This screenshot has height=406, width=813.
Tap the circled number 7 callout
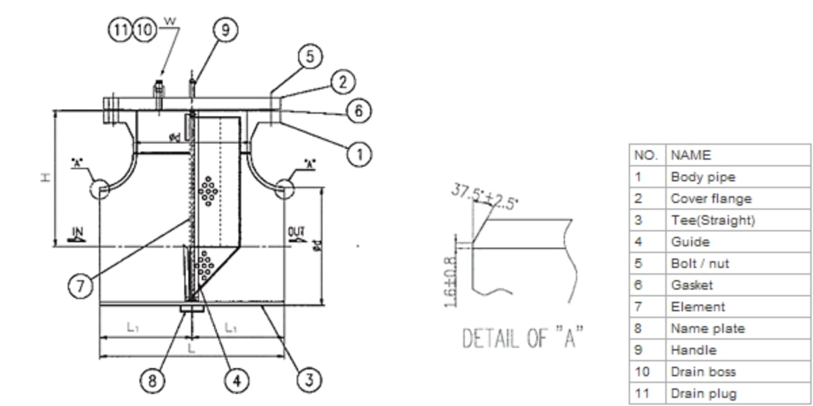click(x=81, y=287)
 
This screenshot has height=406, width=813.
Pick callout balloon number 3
click(x=308, y=380)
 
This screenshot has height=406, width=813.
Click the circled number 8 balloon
click(x=152, y=380)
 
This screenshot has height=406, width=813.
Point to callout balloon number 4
click(x=236, y=380)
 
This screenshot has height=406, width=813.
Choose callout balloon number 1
click(x=359, y=154)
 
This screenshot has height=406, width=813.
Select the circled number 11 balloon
click(x=121, y=30)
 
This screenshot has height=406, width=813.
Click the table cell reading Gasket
click(x=691, y=285)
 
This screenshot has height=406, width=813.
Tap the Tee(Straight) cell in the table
click(x=712, y=220)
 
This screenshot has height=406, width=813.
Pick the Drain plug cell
click(x=703, y=393)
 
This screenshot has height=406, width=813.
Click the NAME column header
click(x=690, y=155)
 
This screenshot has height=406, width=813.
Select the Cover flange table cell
click(x=711, y=198)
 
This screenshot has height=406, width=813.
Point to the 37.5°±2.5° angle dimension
click(x=484, y=197)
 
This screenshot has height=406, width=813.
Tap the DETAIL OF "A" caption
click(x=522, y=338)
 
